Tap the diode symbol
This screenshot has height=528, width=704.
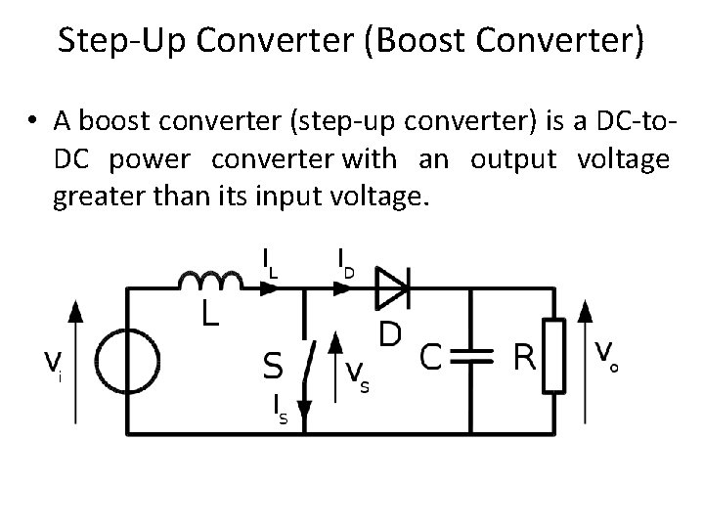pos(393,287)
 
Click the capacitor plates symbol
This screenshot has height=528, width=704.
pos(472,359)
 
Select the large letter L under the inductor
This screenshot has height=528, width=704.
pos(210,314)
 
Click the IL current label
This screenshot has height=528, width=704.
pos(268,261)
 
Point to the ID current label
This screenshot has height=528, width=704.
pos(344,261)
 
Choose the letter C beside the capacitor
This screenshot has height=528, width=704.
pos(430,357)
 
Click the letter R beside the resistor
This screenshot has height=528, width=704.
pos(525,358)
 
